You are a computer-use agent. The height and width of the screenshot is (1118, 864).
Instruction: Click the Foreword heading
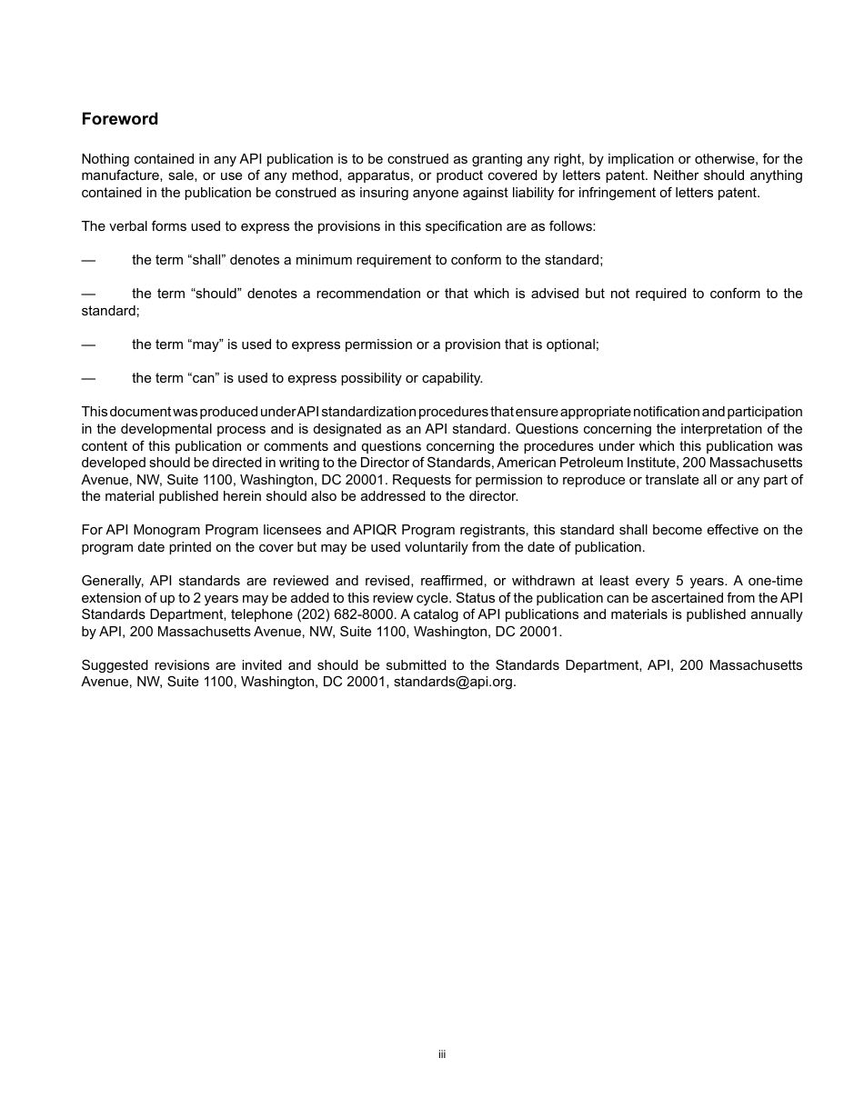pos(119,119)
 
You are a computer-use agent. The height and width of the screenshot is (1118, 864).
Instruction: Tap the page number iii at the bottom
pos(442,1054)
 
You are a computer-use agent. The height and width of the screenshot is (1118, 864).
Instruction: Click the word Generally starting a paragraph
pos(108,581)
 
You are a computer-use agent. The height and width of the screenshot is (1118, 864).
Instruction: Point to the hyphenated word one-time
pos(775,581)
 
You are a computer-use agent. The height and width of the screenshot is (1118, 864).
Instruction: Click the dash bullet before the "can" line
pos(88,378)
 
